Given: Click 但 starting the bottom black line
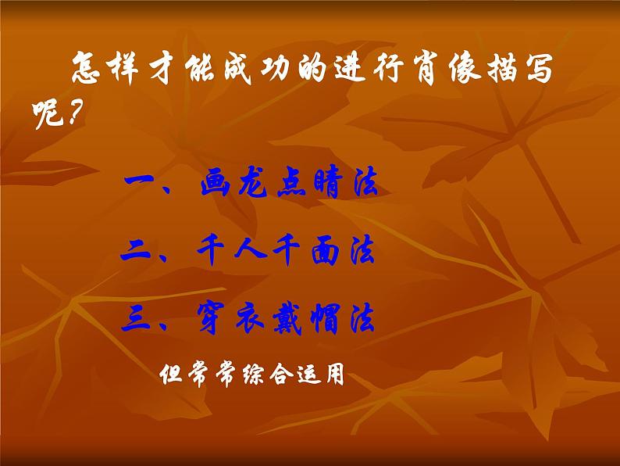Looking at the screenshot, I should tap(171, 375).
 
